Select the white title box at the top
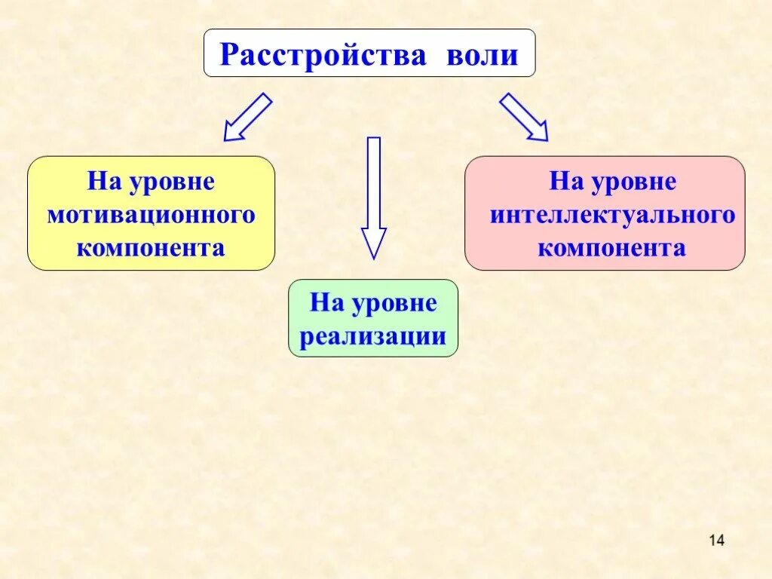coord(369,53)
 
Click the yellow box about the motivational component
coord(151,213)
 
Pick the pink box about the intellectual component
coord(605,213)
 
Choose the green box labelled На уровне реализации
coord(373,318)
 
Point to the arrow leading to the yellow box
coord(247,118)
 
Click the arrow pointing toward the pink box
coord(523,118)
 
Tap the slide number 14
coord(716,540)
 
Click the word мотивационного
coord(151,215)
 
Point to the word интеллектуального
coord(612,215)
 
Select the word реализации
coord(373,336)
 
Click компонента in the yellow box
coord(151,248)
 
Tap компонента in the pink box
coord(612,248)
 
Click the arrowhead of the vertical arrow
coord(373,243)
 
